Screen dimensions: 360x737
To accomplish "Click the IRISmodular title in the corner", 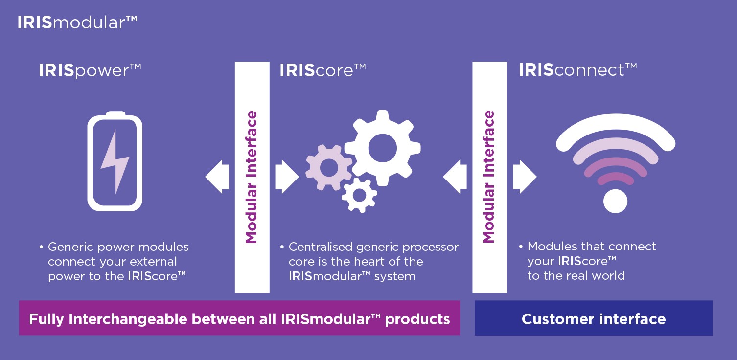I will (x=77, y=22).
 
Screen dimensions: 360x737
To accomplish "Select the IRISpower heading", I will (x=90, y=70).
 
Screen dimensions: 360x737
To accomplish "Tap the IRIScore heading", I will (x=322, y=70).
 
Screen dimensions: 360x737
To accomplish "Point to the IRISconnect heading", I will (x=577, y=70).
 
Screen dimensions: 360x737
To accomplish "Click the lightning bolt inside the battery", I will (x=115, y=161).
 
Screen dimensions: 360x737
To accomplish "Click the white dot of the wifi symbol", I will (x=615, y=201).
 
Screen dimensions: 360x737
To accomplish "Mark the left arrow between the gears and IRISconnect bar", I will (x=454, y=177).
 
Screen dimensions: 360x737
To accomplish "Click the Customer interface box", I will (x=593, y=318).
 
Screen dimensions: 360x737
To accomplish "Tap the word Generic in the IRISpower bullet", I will (x=67, y=247).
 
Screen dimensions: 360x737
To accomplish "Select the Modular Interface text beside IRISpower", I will (x=252, y=177).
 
